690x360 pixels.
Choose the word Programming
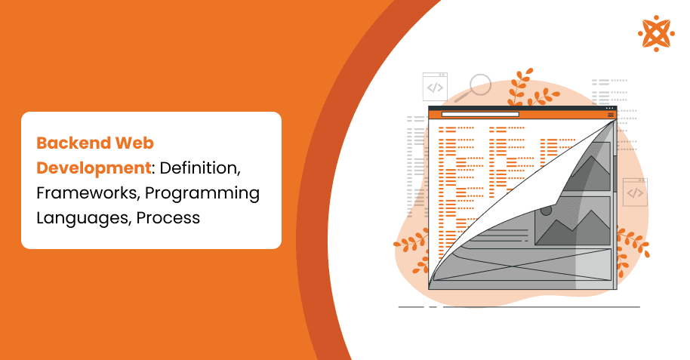tap(202, 192)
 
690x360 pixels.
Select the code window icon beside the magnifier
tap(435, 87)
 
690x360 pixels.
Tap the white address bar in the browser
tap(480, 115)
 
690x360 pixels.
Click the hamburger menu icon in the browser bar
tap(611, 115)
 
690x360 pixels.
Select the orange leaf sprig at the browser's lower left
tap(411, 242)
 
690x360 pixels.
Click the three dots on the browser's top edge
tap(610, 109)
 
